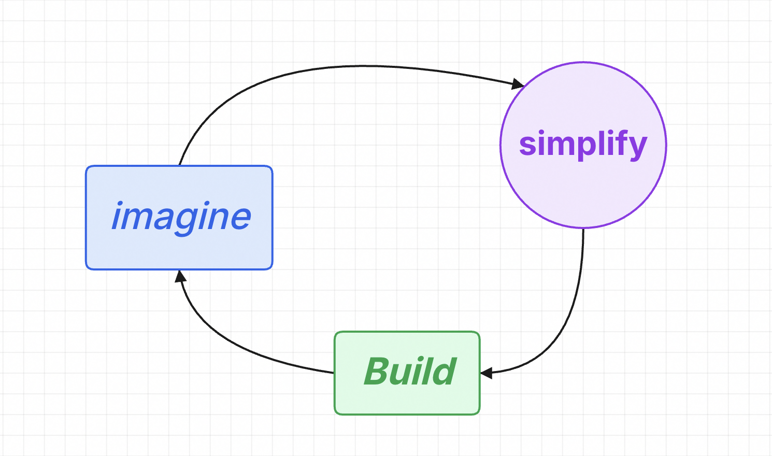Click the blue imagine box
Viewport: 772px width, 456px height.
point(179,249)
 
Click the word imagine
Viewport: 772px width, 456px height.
point(181,217)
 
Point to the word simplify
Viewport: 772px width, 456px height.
point(583,144)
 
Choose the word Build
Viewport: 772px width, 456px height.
point(410,372)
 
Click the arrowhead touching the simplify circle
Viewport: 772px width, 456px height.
point(518,83)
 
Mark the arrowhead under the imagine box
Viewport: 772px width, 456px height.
point(180,277)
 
